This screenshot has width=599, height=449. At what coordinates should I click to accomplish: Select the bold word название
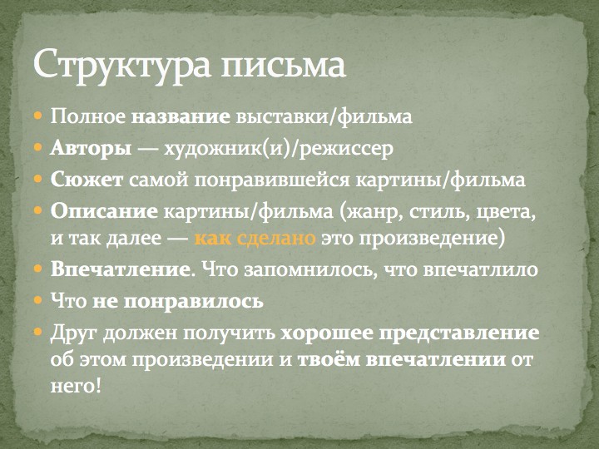tap(181, 117)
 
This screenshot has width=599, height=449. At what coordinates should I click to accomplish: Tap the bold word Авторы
tap(91, 148)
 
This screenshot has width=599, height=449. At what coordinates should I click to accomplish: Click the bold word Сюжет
tap(87, 180)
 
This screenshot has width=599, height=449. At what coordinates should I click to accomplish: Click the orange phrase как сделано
tap(255, 238)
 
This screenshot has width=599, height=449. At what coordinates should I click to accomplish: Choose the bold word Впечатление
tap(120, 269)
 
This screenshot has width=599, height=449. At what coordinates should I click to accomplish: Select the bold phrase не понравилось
tap(178, 302)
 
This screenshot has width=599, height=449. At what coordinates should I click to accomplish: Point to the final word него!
tap(77, 387)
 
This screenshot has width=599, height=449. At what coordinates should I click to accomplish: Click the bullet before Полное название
tap(37, 115)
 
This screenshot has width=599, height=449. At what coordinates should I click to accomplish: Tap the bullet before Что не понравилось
tap(37, 299)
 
